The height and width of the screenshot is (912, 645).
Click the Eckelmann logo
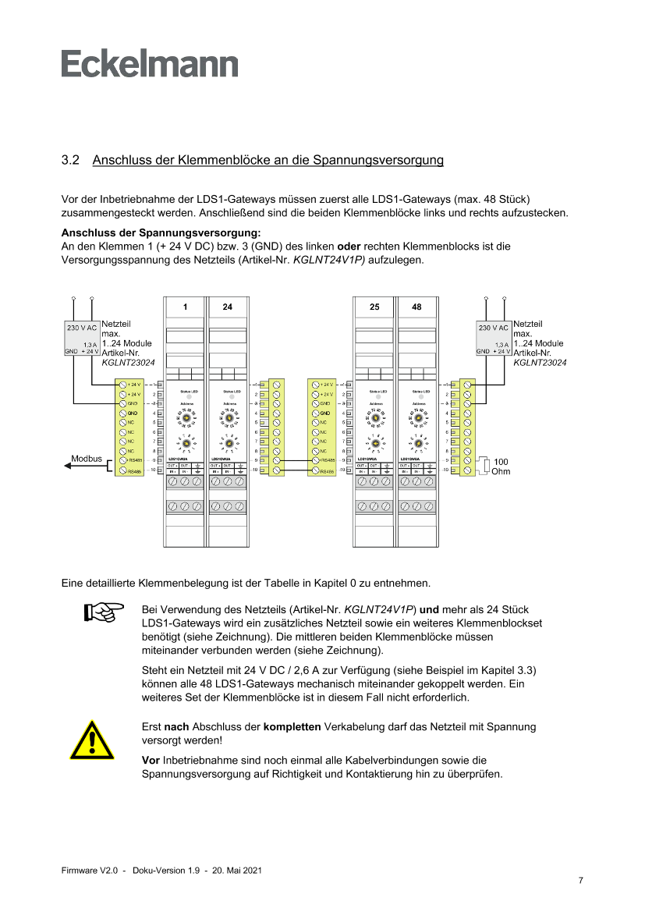(x=150, y=64)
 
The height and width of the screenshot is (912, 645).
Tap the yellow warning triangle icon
(x=91, y=740)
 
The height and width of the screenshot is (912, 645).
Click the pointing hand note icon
(x=105, y=612)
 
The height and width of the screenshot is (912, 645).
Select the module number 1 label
(x=185, y=307)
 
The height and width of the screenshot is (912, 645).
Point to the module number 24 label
(x=227, y=307)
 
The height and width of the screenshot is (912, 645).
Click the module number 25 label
(x=374, y=307)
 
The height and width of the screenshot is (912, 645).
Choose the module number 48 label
(x=417, y=307)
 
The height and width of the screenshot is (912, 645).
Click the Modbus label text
(x=87, y=458)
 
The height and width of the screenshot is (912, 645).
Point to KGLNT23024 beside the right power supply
(x=540, y=363)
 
